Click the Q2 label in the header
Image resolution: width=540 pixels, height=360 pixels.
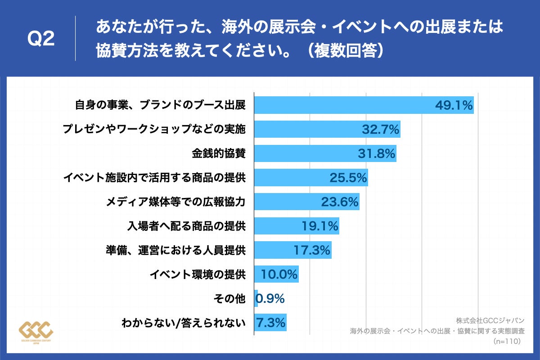click(x=41, y=39)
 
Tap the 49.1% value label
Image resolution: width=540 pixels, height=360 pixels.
click(x=454, y=106)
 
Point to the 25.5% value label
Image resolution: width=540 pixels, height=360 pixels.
click(x=348, y=178)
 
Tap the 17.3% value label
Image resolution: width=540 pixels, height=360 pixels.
click(x=312, y=250)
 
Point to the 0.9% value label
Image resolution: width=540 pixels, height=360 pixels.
click(x=270, y=298)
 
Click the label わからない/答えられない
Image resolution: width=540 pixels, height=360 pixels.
click(x=184, y=323)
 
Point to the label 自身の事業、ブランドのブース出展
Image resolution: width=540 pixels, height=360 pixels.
click(x=160, y=105)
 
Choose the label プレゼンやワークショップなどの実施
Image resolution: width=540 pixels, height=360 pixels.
click(x=154, y=130)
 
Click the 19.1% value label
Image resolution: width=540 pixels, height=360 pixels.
click(x=319, y=226)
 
